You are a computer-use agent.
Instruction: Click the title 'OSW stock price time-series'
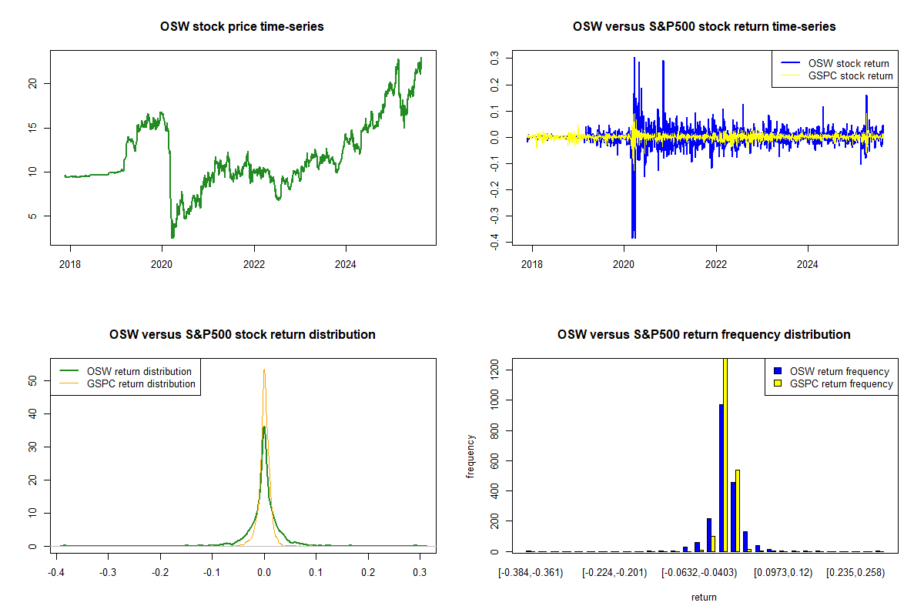click(242, 27)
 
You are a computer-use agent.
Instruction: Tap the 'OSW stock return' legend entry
click(849, 63)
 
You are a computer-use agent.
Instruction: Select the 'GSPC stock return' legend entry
click(851, 75)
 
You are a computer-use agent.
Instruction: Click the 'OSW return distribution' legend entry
click(139, 371)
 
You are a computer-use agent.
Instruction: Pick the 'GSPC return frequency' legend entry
click(841, 383)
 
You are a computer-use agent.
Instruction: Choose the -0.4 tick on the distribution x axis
click(55, 573)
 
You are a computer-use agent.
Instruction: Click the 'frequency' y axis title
click(470, 457)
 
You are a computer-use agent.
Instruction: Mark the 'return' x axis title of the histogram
click(704, 597)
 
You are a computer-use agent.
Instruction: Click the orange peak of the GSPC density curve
click(264, 370)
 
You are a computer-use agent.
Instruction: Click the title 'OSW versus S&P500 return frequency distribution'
click(704, 335)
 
